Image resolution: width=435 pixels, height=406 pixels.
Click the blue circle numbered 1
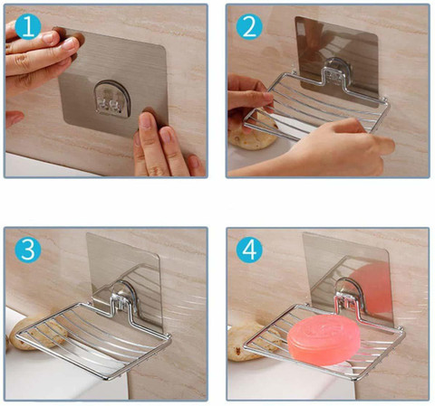[28, 27]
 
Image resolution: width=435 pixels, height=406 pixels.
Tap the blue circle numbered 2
[249, 27]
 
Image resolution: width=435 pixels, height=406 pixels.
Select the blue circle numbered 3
[28, 250]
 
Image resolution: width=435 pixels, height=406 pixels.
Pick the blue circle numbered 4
[249, 250]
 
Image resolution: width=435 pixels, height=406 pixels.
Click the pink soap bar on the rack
[324, 340]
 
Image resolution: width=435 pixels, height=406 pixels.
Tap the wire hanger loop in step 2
[333, 79]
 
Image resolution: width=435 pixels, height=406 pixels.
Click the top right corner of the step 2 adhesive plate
[376, 35]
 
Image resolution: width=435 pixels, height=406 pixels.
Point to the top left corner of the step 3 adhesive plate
[88, 234]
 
